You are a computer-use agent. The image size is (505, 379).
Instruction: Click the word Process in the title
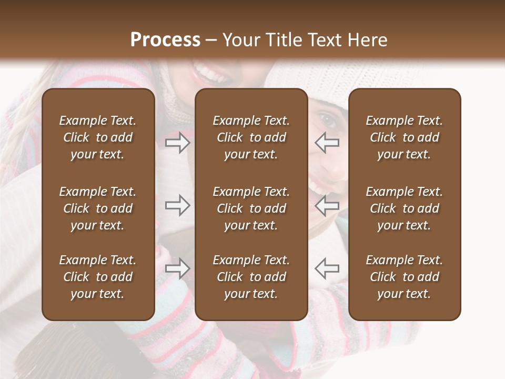pos(165,40)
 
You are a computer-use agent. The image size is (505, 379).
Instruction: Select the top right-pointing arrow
pos(178,143)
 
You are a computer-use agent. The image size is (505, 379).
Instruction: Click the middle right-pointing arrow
pos(178,206)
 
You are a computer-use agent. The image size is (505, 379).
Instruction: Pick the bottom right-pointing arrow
pos(178,268)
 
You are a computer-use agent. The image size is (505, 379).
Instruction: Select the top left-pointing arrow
pos(327,143)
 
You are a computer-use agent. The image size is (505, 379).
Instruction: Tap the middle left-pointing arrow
pos(327,206)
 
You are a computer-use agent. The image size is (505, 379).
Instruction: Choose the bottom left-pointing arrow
pos(327,268)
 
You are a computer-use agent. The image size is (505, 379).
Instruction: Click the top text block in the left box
pos(98,137)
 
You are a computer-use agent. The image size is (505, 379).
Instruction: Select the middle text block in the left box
pos(98,208)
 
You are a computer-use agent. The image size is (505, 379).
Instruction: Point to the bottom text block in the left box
pos(98,277)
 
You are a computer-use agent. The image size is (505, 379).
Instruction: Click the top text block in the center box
pos(251,137)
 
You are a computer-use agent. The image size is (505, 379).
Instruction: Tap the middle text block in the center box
pos(251,208)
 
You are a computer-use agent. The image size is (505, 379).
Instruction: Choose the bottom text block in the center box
pos(251,277)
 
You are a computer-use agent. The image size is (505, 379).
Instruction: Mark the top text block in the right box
pos(404,137)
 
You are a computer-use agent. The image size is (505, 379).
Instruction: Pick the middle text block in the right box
pos(404,208)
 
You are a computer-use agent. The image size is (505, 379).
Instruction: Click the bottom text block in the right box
pos(404,277)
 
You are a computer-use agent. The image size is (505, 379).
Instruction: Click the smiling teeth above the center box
pos(210,73)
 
